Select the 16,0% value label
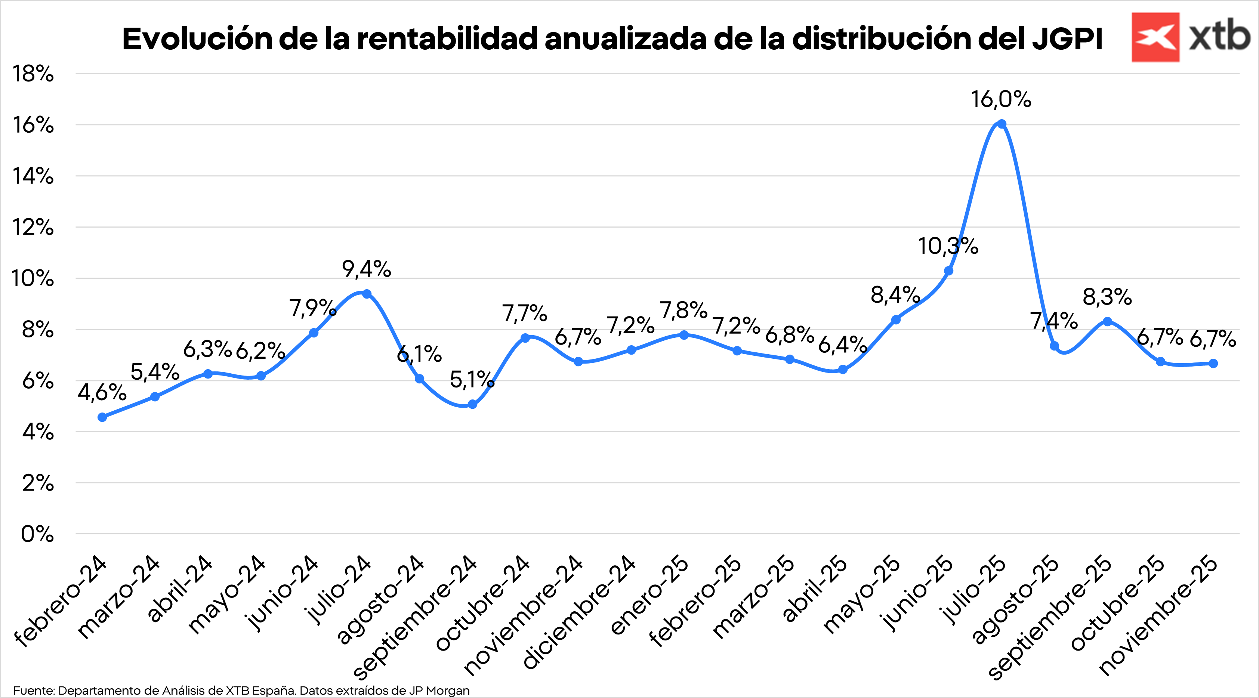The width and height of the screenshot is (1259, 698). coord(1000,100)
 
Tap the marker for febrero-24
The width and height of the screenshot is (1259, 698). coord(102,417)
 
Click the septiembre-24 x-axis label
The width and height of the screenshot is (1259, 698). coord(416,618)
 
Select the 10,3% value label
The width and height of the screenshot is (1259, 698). coord(948,246)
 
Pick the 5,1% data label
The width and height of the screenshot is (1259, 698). coord(472,380)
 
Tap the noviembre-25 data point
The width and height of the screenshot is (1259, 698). coord(1213,363)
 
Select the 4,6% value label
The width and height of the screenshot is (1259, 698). coord(102,392)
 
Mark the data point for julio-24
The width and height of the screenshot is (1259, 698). coord(367,293)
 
